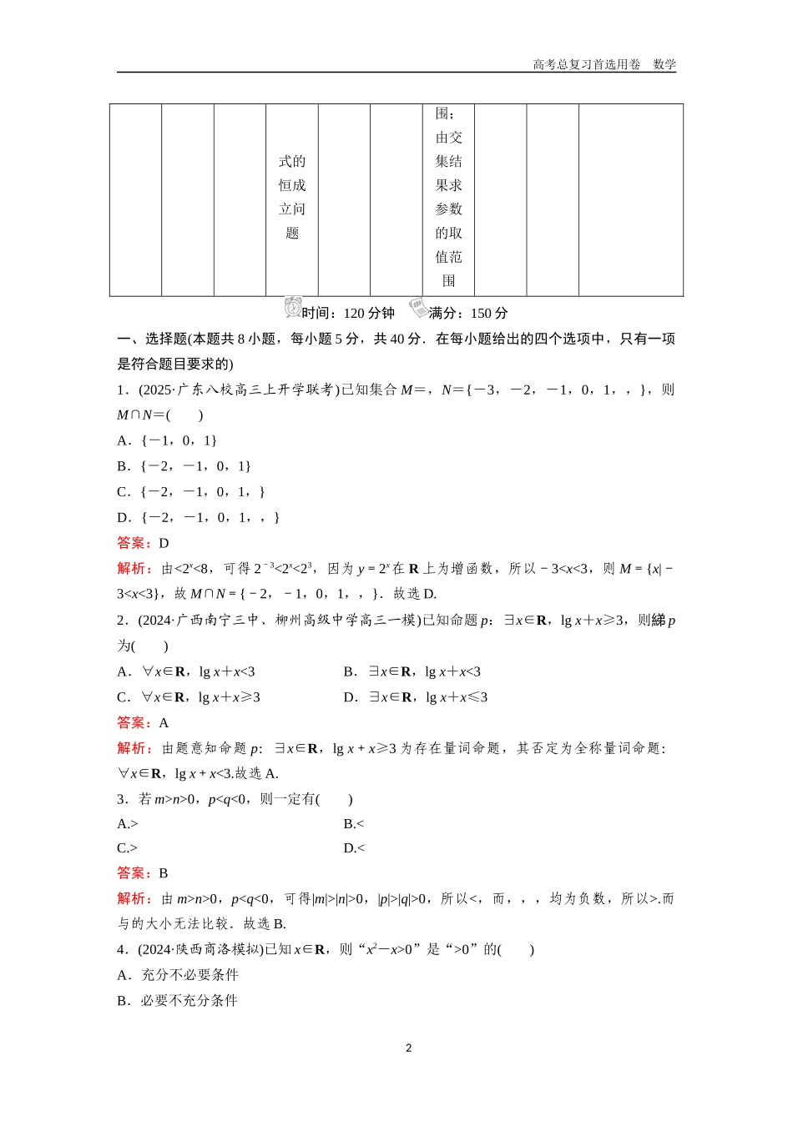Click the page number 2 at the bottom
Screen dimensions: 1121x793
point(408,1048)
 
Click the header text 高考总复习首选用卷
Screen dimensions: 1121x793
point(586,64)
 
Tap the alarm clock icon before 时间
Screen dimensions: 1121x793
point(292,308)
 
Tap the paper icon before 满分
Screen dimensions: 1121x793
point(417,309)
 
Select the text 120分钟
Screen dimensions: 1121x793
point(369,314)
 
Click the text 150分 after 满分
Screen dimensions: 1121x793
point(489,314)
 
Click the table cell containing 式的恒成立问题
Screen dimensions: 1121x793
point(292,198)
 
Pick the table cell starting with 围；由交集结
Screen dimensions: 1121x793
point(448,198)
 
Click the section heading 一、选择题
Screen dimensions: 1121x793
point(151,339)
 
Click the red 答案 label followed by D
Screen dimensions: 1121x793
point(134,543)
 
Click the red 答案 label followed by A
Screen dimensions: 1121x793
point(134,723)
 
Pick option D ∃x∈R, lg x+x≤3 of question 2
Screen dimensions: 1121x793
point(416,697)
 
